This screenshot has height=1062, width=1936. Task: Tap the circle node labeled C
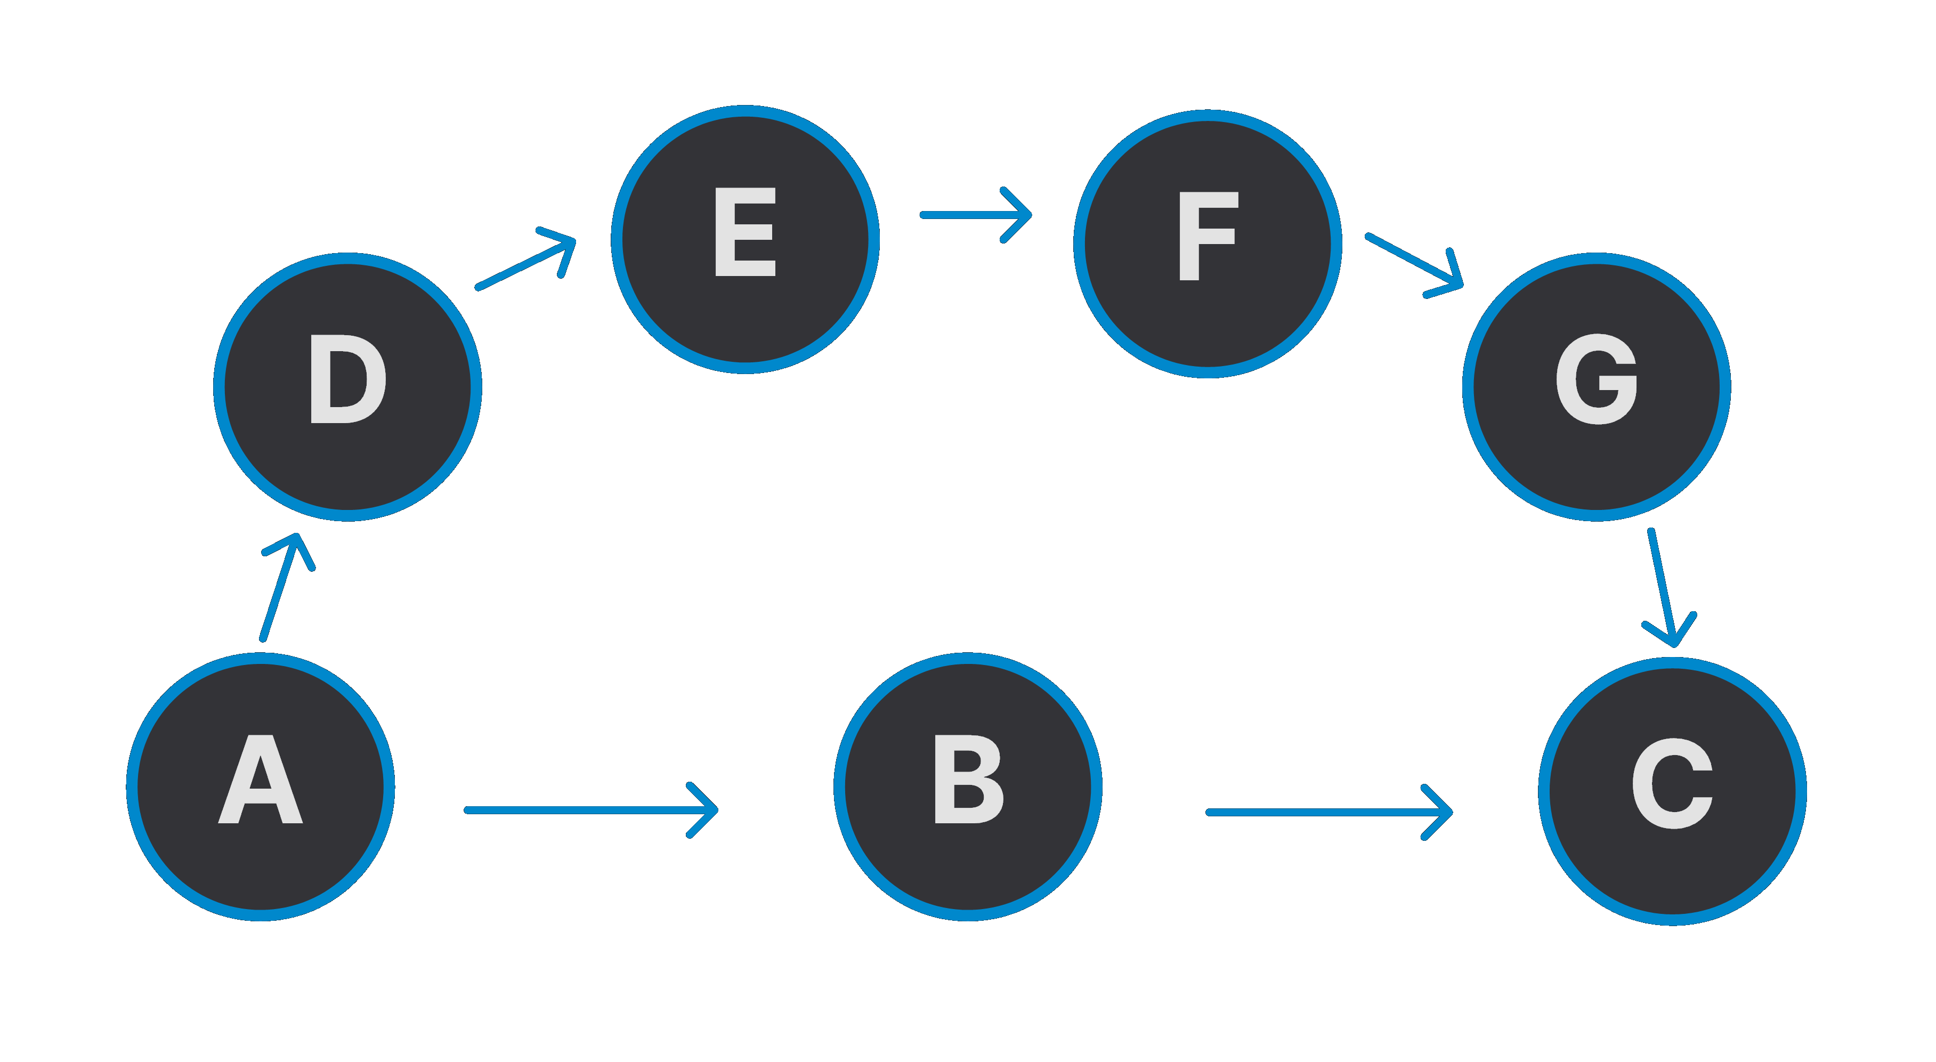pos(1672,791)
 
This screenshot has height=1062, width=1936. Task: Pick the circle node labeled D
pos(347,386)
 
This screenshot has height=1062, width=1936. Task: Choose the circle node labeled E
pos(745,239)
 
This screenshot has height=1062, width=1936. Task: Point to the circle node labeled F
pos(1207,244)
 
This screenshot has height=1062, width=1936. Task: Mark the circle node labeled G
pos(1597,386)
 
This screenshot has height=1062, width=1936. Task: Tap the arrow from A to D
pos(280,588)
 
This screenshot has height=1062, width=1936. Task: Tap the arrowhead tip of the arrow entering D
pos(297,537)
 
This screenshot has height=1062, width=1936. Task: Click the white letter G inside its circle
pos(1597,379)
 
